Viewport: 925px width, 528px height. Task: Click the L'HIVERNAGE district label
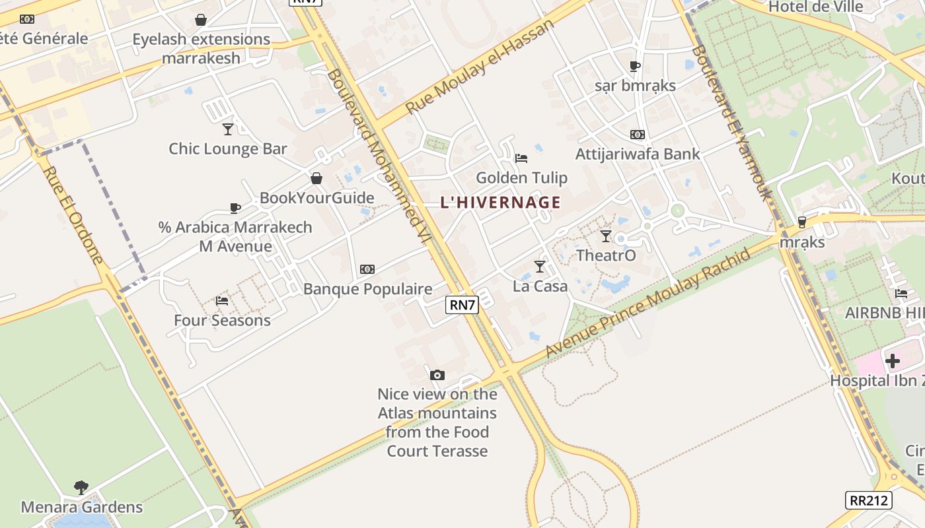click(x=500, y=203)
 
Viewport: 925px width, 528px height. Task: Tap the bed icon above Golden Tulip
click(x=521, y=158)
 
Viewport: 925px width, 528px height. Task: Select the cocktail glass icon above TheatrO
click(x=606, y=236)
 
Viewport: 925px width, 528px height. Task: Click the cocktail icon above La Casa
click(x=540, y=267)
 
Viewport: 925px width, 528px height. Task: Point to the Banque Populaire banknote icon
click(x=367, y=269)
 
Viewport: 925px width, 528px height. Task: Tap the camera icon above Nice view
click(x=437, y=375)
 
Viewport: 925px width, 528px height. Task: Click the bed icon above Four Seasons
click(x=222, y=301)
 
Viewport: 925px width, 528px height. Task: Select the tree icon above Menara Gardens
click(x=81, y=488)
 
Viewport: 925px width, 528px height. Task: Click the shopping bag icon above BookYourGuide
click(x=316, y=178)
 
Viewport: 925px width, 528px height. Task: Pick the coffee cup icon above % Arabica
click(x=235, y=208)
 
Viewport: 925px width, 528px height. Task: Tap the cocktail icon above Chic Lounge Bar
click(x=228, y=129)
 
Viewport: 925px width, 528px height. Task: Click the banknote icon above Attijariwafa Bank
click(x=637, y=135)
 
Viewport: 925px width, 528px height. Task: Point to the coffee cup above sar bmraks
click(x=634, y=66)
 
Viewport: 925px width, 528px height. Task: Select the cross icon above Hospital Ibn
click(x=893, y=361)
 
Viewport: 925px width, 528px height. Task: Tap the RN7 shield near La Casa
click(x=462, y=304)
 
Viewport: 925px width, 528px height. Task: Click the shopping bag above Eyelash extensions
click(x=201, y=20)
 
